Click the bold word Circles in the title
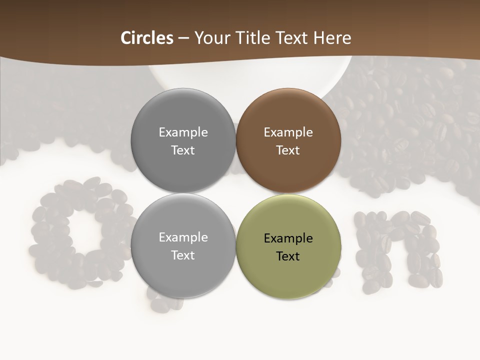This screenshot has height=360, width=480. pos(147,38)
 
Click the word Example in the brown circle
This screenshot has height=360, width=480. pos(288,132)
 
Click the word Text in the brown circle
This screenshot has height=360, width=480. pos(288,150)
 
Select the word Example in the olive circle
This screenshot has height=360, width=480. pos(288,238)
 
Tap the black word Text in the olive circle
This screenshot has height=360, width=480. pos(288,256)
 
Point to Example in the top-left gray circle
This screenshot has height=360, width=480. pos(183,132)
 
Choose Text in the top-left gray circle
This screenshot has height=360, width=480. pos(183,150)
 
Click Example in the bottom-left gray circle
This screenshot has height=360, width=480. pos(183,237)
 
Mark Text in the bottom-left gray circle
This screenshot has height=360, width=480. pos(183,255)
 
